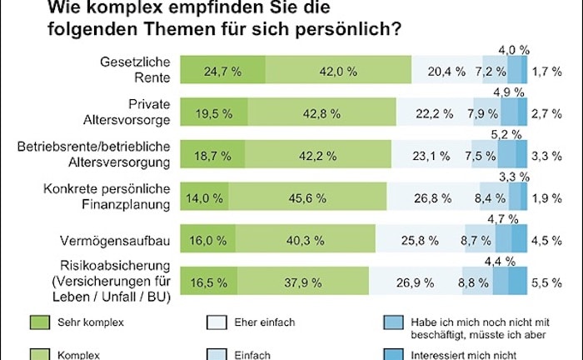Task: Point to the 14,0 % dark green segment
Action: tap(204, 198)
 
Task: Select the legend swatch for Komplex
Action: tap(40, 353)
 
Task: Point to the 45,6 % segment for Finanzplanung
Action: tap(308, 198)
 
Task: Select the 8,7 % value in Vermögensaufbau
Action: tap(475, 240)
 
